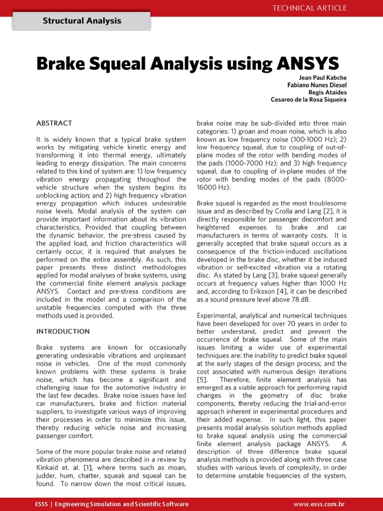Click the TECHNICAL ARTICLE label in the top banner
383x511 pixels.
(x=309, y=7)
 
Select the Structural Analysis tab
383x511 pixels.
(x=82, y=21)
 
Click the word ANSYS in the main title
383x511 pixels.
(x=305, y=63)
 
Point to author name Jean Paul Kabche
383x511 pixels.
(x=323, y=78)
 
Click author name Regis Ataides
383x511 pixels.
(x=328, y=92)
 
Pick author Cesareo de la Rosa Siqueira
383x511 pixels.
(x=309, y=100)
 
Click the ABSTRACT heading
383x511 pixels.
(x=54, y=123)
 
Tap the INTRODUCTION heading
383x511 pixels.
(x=63, y=331)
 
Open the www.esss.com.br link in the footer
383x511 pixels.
(x=320, y=504)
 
